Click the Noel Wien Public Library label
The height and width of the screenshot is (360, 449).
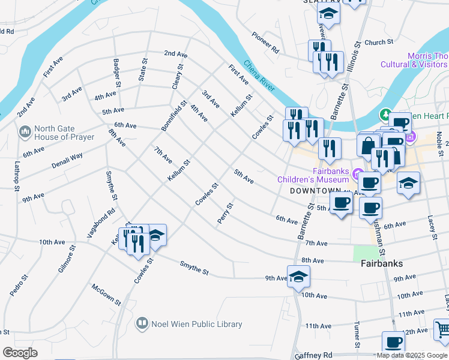tap(197, 324)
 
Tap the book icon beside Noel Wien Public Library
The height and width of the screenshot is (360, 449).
tap(142, 324)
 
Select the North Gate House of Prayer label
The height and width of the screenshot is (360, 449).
tap(64, 133)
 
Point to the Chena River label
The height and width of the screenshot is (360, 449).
tap(259, 75)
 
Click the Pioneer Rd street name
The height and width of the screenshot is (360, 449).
tap(265, 43)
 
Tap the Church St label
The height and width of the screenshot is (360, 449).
tap(378, 43)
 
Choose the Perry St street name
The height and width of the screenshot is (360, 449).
tap(225, 214)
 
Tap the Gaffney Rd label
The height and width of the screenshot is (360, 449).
tap(313, 355)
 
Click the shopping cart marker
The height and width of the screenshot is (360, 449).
tap(442, 329)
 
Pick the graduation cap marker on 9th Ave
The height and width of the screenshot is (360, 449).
tap(298, 276)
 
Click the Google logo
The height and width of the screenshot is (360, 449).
tap(20, 353)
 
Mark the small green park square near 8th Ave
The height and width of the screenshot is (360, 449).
tap(361, 252)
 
